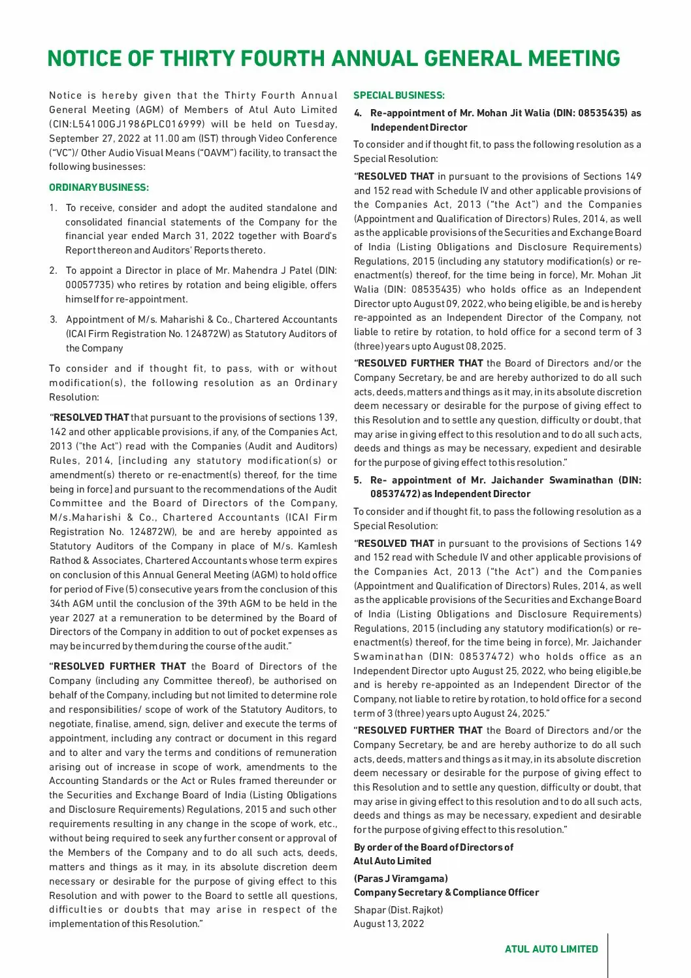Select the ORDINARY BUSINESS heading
pos(99,187)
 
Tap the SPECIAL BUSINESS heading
pos(398,95)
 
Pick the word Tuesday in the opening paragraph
pos(316,124)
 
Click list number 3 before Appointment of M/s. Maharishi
pos(53,319)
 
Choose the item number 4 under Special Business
pos(357,113)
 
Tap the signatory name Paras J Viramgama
pos(400,879)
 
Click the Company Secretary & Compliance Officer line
pos(446,892)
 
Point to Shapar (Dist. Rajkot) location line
pos(398,910)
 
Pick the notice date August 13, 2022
pos(389,924)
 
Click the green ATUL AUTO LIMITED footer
pos(551,949)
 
